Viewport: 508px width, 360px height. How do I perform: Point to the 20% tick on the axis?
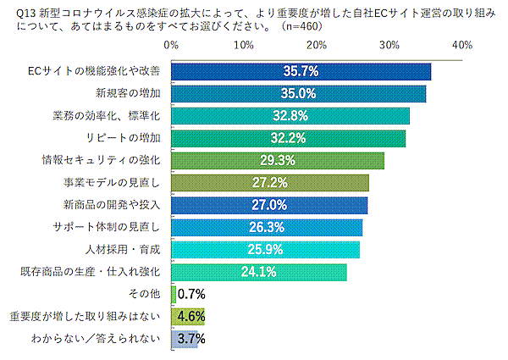(317, 44)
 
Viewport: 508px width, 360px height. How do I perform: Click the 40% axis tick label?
(462, 44)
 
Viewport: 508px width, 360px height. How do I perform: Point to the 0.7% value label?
(191, 295)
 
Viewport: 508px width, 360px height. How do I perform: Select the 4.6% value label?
(191, 317)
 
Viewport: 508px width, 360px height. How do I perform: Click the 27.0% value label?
(271, 205)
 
